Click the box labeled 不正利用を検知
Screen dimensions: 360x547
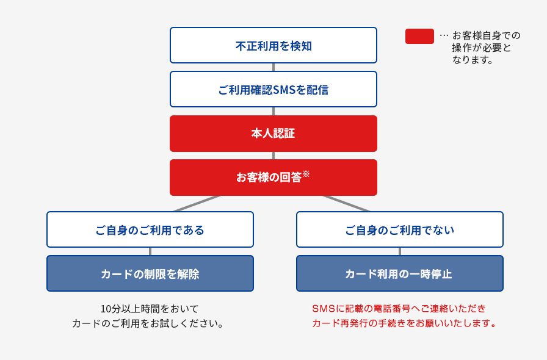click(273, 45)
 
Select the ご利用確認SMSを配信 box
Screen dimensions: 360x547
click(273, 89)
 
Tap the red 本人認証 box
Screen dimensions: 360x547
click(273, 133)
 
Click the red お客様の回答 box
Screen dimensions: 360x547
click(273, 177)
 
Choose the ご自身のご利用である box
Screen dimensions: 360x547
click(150, 229)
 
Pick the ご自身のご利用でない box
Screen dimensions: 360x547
click(399, 229)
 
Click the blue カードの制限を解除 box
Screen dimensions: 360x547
click(150, 273)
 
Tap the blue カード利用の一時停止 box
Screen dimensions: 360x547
click(399, 273)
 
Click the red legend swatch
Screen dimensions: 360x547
click(419, 36)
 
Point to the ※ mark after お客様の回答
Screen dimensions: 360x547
click(306, 173)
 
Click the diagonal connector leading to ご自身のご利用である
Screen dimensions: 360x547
click(197, 204)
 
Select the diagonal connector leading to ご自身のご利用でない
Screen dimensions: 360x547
click(346, 204)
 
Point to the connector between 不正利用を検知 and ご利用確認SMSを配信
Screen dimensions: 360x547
click(273, 67)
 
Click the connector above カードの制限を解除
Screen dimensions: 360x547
click(150, 251)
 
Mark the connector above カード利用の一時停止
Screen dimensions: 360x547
click(400, 251)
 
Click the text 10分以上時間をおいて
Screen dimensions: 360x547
click(150, 309)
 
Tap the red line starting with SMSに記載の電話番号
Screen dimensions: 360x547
click(399, 309)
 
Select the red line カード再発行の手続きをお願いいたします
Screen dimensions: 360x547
click(404, 323)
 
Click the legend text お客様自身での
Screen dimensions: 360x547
click(486, 35)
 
